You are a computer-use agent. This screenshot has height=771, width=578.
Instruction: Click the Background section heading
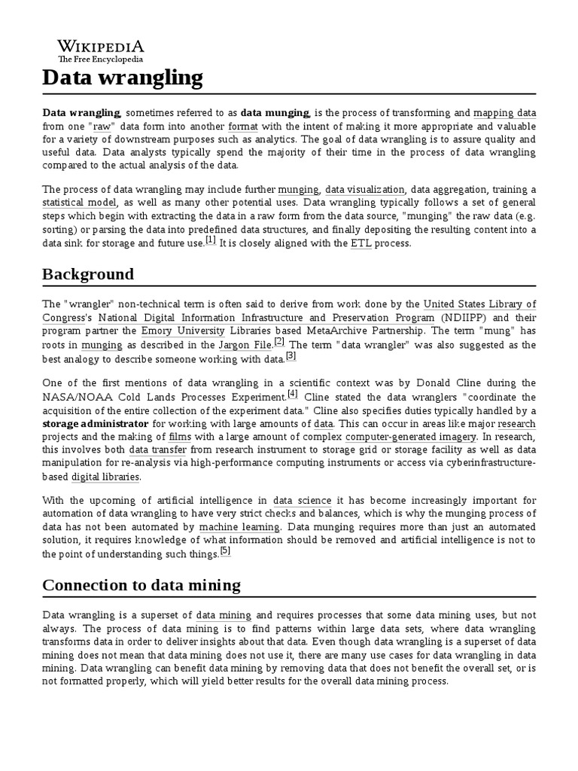pyautogui.click(x=89, y=274)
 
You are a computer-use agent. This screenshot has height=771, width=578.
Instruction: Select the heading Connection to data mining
pyautogui.click(x=141, y=585)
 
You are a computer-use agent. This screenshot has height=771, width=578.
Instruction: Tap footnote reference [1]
pyautogui.click(x=210, y=240)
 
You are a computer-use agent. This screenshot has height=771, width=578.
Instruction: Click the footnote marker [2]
pyautogui.click(x=279, y=341)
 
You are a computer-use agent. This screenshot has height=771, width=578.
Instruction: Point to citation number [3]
pyautogui.click(x=291, y=355)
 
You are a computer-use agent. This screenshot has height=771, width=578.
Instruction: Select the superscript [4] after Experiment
pyautogui.click(x=293, y=393)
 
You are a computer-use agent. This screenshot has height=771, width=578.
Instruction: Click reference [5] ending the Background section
pyautogui.click(x=225, y=550)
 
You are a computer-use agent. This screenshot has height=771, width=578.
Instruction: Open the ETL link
pyautogui.click(x=361, y=244)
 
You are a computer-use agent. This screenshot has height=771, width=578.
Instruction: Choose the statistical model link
pyautogui.click(x=79, y=203)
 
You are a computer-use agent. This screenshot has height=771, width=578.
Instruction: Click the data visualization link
pyautogui.click(x=365, y=189)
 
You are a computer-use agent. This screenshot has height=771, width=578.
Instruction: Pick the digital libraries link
pyautogui.click(x=105, y=477)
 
